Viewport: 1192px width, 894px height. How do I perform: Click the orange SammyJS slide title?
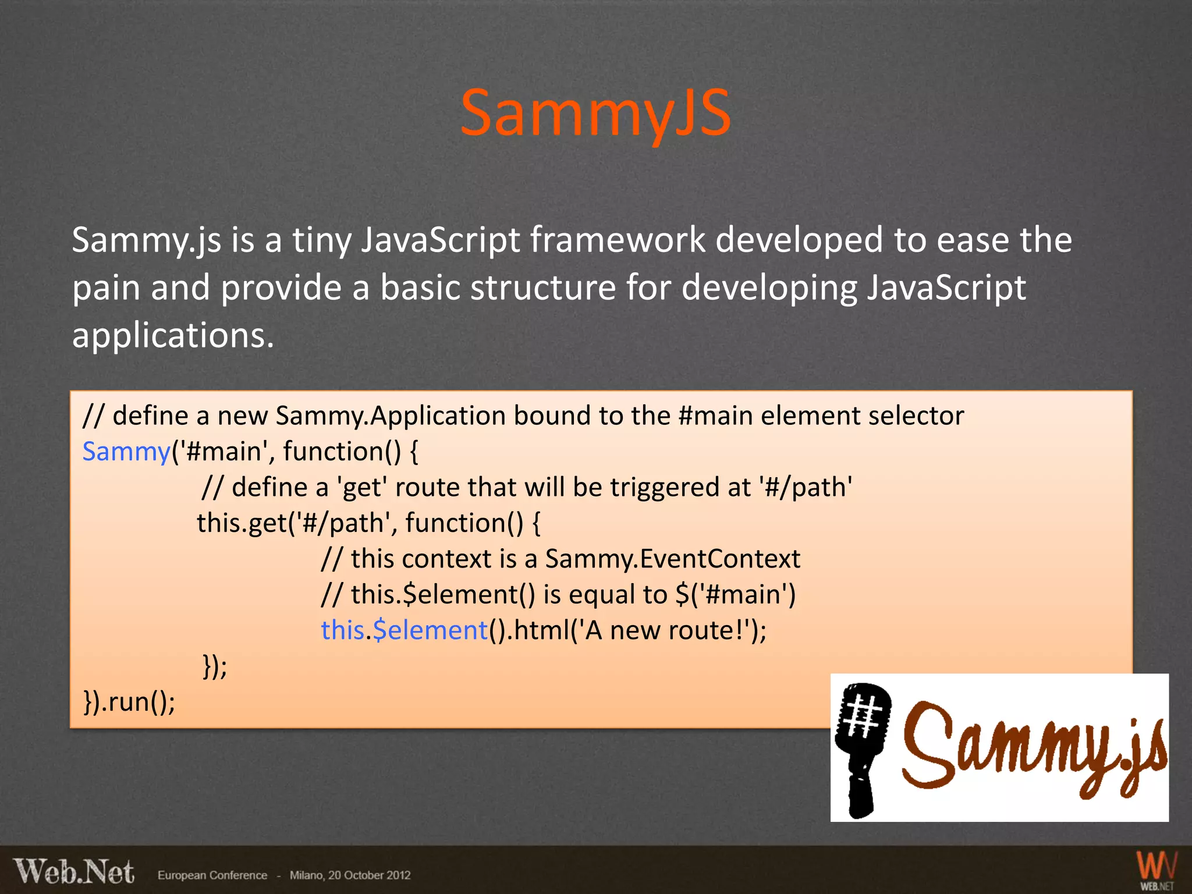point(595,113)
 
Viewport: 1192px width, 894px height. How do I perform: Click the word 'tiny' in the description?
point(321,240)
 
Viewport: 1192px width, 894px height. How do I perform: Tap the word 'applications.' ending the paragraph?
point(173,336)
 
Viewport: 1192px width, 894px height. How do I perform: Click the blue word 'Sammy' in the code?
point(126,452)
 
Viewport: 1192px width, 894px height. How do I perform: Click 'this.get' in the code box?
point(242,523)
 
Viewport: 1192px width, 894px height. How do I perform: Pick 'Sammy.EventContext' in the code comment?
point(672,559)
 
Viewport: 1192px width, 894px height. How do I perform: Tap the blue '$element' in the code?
point(430,631)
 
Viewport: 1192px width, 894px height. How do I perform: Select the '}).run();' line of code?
point(129,702)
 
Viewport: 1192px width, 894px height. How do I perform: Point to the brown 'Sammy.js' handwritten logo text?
point(1033,751)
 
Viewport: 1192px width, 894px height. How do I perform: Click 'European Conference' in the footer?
point(212,875)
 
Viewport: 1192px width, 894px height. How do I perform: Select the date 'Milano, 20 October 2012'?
point(350,875)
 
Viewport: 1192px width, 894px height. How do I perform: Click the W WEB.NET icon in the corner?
point(1156,871)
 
